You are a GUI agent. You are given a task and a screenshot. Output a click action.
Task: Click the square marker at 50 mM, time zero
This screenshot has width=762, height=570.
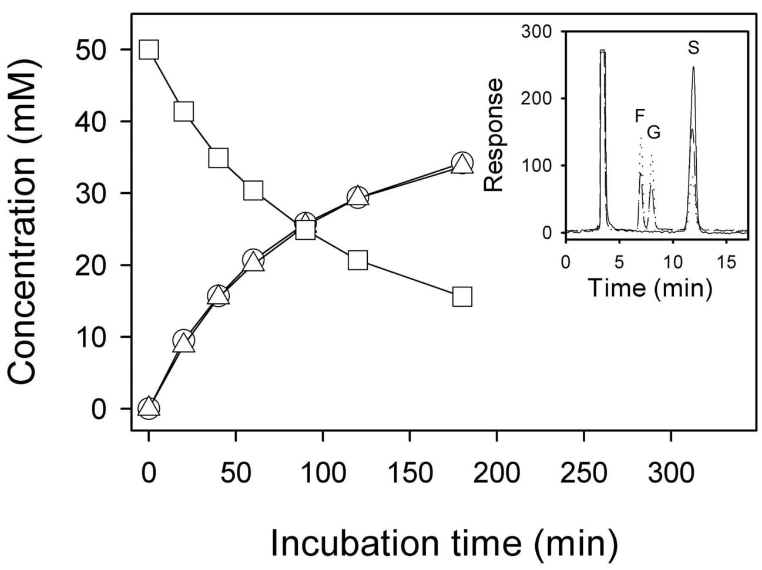point(149,50)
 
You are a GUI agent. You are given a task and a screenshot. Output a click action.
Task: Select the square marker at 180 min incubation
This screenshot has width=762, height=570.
point(462,297)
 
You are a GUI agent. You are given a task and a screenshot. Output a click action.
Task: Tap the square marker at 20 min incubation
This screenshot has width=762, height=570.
point(184,112)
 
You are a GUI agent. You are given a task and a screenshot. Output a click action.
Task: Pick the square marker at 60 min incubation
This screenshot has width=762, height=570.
point(253,190)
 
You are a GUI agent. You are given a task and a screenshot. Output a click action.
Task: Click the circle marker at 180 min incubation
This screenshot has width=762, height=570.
point(462,163)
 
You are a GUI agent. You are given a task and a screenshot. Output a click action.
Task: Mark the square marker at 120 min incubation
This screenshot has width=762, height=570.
point(358,260)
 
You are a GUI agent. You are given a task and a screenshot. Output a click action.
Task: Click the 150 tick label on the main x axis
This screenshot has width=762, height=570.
point(409,472)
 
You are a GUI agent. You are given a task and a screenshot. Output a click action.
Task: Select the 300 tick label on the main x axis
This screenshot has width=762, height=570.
point(670,472)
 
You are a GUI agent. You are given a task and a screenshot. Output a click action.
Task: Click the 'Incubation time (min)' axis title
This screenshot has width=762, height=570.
point(444,544)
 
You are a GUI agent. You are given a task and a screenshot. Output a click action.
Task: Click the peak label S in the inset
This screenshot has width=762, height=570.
point(694,48)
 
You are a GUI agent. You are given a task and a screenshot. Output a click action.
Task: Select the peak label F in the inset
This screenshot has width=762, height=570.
point(640,116)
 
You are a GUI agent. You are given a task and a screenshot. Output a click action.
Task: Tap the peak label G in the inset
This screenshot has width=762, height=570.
point(653,133)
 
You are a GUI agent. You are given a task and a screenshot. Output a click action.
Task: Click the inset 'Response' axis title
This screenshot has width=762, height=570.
point(494,135)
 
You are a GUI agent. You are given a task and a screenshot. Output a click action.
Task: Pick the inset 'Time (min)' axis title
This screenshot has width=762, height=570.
point(650,288)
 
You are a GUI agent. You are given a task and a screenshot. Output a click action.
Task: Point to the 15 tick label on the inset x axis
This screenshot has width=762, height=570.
point(727,261)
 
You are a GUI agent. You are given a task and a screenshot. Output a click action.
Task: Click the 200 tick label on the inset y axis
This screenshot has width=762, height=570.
point(537,98)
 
